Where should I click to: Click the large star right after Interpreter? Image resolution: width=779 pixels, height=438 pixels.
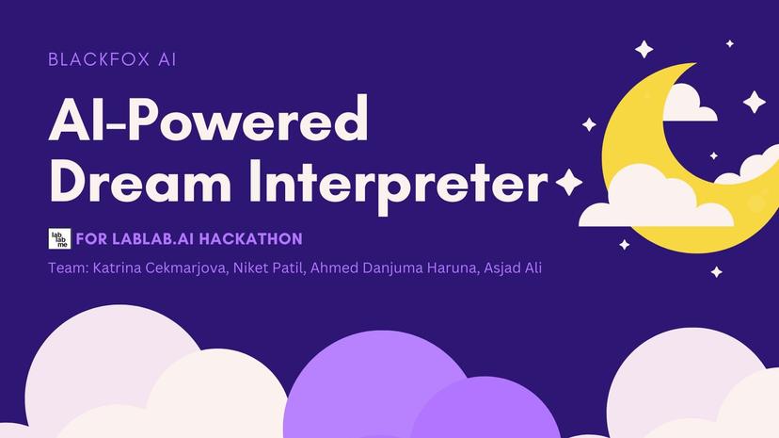[x=569, y=182]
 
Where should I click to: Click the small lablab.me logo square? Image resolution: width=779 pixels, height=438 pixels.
[x=59, y=239]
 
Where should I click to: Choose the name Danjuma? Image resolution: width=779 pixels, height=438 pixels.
[x=407, y=268]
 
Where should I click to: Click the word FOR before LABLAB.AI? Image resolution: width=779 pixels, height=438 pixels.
[x=94, y=239]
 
